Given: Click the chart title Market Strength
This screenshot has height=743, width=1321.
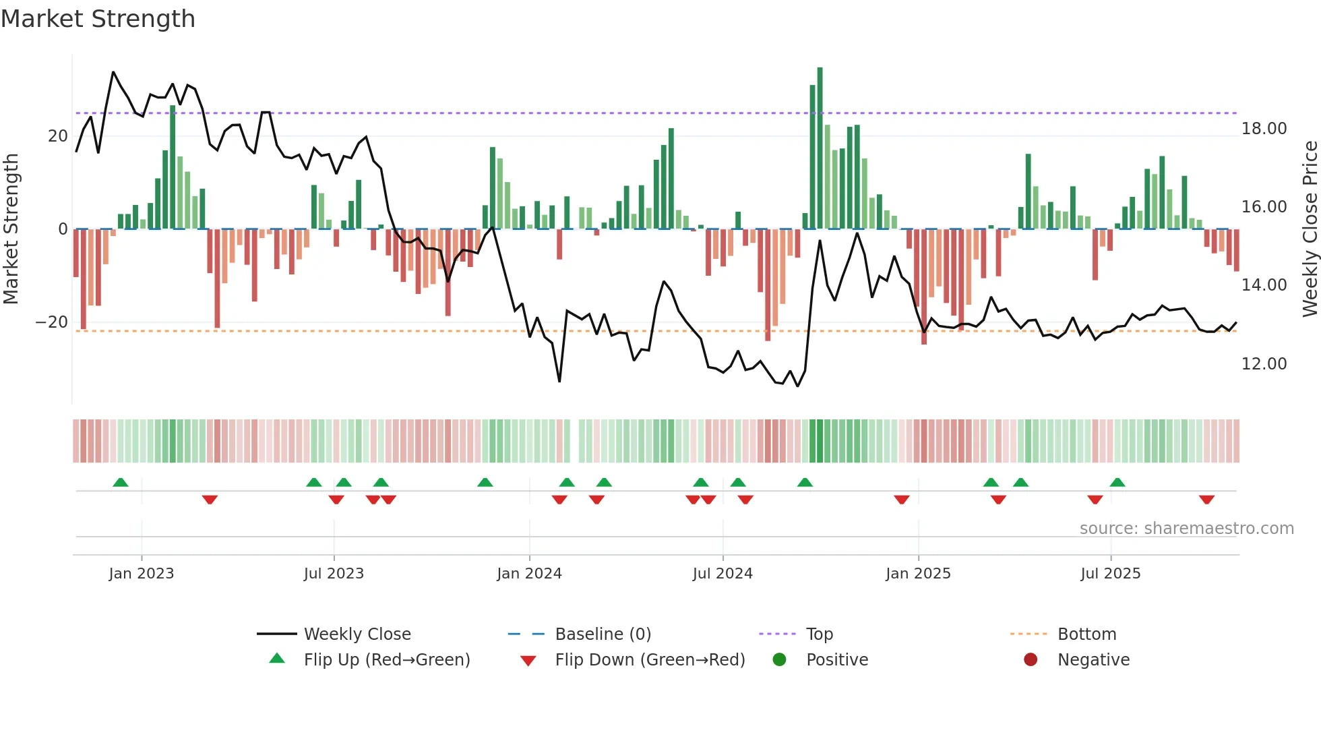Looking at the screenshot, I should point(98,19).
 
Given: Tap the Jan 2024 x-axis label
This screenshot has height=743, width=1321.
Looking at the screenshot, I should point(529,574).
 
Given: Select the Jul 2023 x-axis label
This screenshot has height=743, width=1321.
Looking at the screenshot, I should point(334,574).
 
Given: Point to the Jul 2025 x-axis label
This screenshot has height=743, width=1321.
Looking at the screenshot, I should point(1110,574).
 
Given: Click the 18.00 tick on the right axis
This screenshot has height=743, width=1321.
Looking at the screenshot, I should point(1264,129).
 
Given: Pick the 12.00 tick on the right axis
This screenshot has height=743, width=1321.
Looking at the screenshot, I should point(1264,364).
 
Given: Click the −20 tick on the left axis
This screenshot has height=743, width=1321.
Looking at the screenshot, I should point(52,322).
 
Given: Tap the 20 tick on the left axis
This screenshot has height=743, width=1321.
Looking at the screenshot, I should point(57,136).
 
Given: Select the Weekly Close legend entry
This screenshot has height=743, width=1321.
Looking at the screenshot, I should point(357,634).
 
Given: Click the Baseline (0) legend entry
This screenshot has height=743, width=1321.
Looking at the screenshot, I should point(603,634).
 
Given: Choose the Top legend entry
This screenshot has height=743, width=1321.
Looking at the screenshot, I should point(819,634).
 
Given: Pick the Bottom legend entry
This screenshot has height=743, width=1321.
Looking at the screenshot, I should point(1086,634).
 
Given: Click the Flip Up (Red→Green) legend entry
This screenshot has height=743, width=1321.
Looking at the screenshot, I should point(386,660).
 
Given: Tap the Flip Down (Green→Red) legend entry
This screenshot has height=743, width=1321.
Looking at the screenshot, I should point(650,660).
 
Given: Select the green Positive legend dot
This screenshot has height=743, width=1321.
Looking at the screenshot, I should point(780,660).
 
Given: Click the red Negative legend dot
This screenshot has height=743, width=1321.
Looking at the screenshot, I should point(1031,660).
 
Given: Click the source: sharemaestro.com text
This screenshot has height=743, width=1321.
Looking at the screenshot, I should point(1186,529).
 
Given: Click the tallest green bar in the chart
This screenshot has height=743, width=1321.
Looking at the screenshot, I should point(820,148).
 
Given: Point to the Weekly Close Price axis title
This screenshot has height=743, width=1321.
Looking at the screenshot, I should point(1310,229).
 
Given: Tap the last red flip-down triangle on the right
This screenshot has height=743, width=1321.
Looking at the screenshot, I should point(1206,500).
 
